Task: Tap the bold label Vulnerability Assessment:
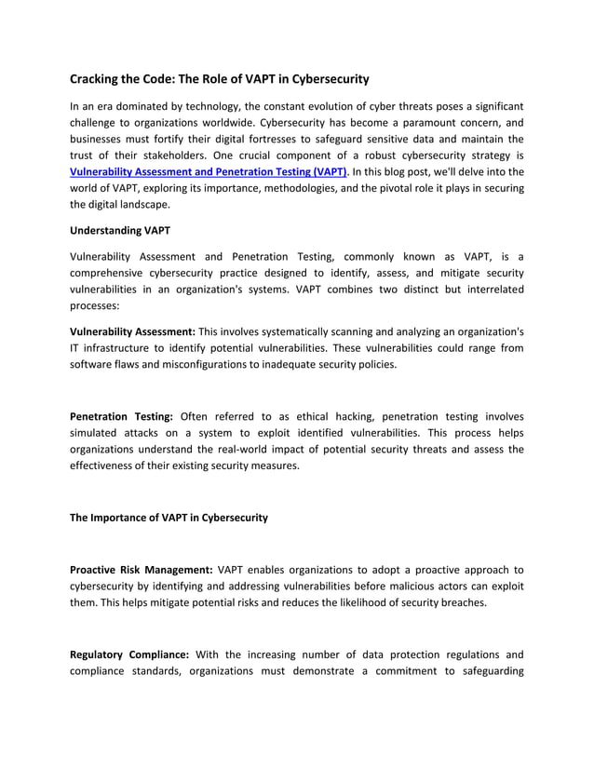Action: tap(132, 331)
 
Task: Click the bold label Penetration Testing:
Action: tap(122, 416)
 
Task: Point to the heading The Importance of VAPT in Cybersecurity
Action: tap(169, 518)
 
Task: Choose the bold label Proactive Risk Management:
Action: tap(142, 569)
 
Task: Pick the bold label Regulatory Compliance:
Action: tap(129, 654)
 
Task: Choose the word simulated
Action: tap(100, 433)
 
